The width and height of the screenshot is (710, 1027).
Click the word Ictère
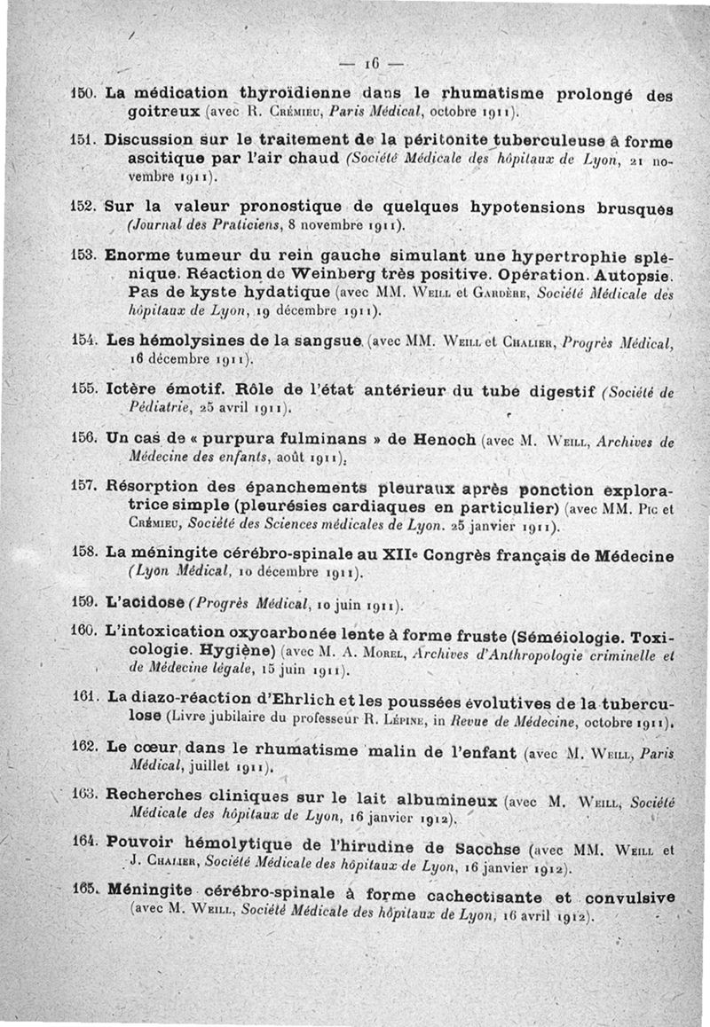[x=134, y=389]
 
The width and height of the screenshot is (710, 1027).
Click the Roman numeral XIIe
[x=403, y=555]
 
